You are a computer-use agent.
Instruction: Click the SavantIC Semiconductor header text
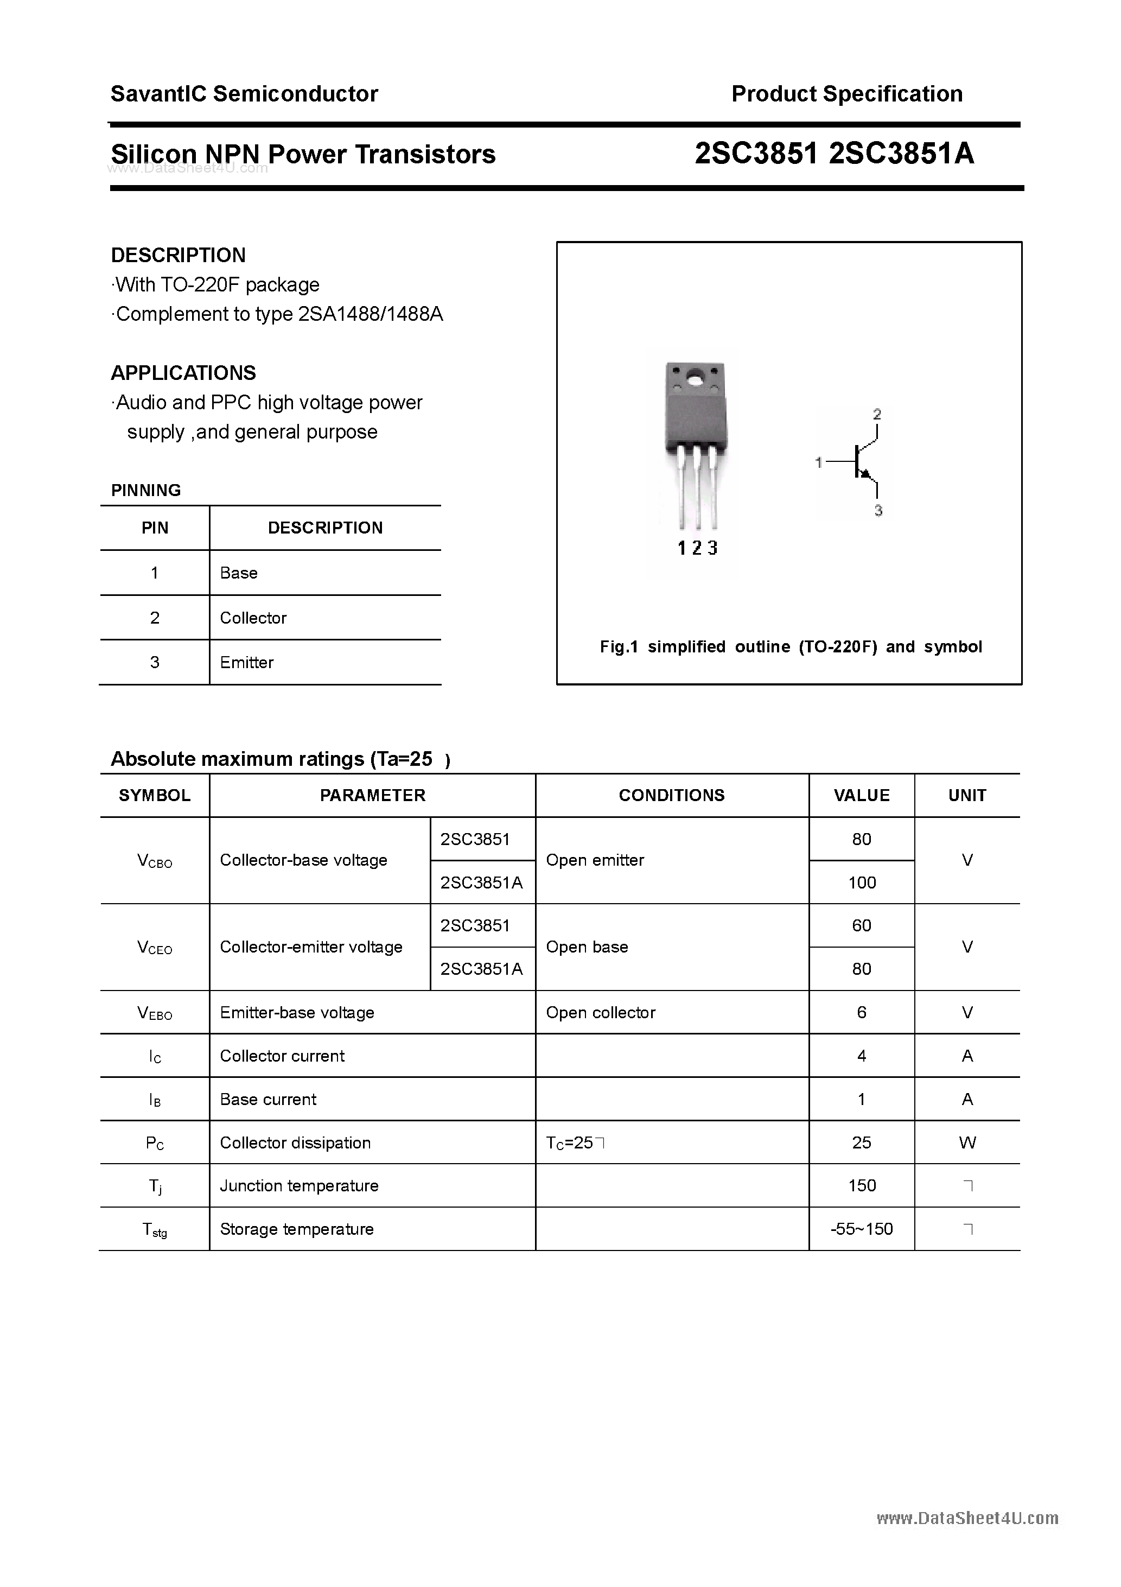point(244,94)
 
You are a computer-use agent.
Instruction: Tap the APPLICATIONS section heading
point(183,373)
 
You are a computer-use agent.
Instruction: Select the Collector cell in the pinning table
point(253,618)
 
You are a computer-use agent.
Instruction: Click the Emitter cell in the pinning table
point(247,663)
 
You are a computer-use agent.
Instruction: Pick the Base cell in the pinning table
point(238,573)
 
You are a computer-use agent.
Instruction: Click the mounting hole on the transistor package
point(694,378)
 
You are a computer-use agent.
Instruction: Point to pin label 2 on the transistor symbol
point(877,415)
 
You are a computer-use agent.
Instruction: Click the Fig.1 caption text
point(790,647)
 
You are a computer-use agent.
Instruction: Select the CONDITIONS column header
point(671,796)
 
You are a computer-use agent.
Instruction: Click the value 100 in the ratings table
point(861,883)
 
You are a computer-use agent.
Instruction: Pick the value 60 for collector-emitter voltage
point(861,925)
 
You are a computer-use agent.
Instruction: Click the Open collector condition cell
point(600,1013)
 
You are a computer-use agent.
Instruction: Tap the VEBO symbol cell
point(155,1013)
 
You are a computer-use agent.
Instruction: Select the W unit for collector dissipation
point(967,1142)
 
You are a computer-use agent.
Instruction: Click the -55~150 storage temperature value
point(861,1229)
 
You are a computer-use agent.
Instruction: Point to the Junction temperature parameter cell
point(298,1186)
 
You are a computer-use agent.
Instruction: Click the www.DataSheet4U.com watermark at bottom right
point(967,1518)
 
